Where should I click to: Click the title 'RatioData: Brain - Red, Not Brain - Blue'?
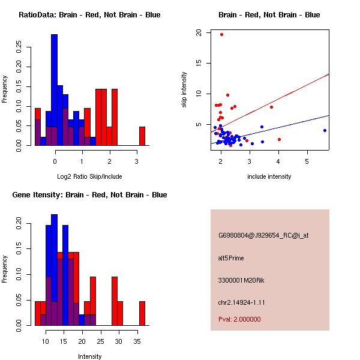[x=89, y=14]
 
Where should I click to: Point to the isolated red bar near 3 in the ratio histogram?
[x=142, y=136]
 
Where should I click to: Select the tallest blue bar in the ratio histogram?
[x=55, y=90]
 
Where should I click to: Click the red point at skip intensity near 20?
[x=221, y=34]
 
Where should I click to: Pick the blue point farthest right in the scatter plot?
[x=325, y=130]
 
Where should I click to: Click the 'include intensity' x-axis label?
[x=269, y=176]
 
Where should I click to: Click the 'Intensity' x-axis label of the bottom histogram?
[x=89, y=356]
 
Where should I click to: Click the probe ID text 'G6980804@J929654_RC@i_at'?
[x=263, y=235]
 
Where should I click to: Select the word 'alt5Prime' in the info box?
[x=231, y=258]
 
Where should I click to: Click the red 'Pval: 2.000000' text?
[x=239, y=319]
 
